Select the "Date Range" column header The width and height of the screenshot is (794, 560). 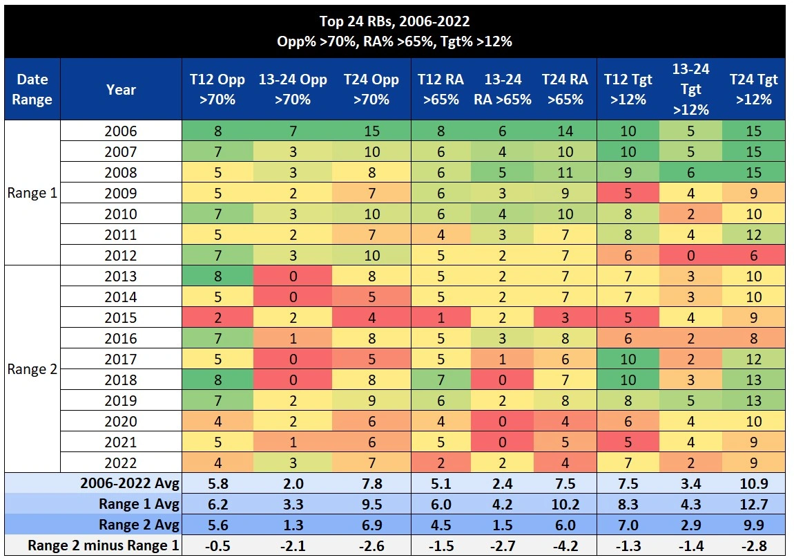click(x=32, y=89)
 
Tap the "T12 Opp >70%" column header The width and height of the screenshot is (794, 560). click(x=217, y=89)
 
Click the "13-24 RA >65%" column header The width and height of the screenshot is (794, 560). click(x=503, y=89)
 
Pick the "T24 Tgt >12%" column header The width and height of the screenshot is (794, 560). click(x=754, y=89)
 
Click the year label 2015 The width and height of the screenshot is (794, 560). click(x=121, y=318)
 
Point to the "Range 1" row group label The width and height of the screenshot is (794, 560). click(x=31, y=193)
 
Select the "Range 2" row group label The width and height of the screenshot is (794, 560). click(x=31, y=369)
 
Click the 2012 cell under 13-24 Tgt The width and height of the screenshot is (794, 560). click(x=690, y=256)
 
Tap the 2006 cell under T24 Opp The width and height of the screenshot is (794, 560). click(x=371, y=131)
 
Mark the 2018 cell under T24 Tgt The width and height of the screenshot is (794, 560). click(x=754, y=380)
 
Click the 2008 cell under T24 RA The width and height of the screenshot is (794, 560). click(x=565, y=173)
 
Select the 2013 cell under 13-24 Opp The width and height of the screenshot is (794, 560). click(x=293, y=277)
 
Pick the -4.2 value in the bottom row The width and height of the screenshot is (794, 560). click(x=565, y=545)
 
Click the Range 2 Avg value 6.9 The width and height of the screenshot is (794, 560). click(x=371, y=525)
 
